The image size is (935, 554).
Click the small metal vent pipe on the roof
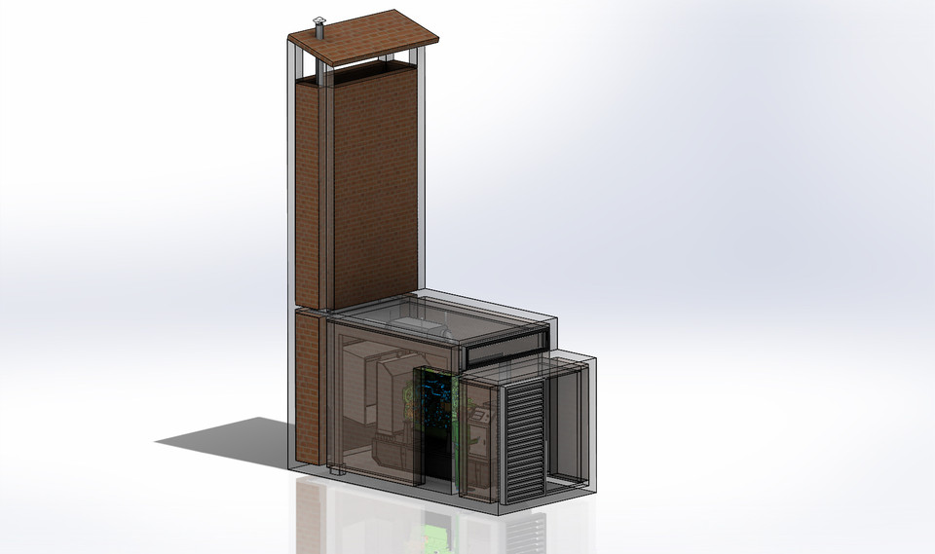tap(318, 27)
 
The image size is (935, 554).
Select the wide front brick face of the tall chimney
tap(374, 185)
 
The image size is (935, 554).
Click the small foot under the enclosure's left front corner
tap(336, 471)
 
